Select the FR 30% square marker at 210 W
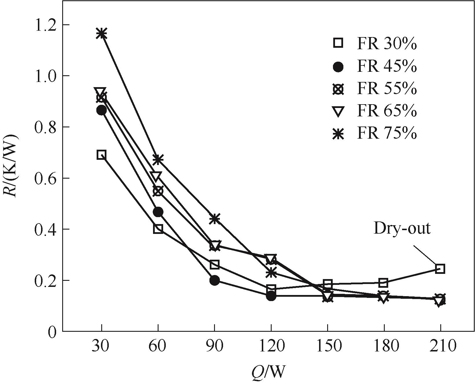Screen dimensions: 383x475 coord(440,269)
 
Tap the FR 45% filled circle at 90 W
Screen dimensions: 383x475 coord(214,280)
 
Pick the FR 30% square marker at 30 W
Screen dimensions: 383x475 coord(102,155)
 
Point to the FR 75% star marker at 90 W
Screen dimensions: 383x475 coord(214,219)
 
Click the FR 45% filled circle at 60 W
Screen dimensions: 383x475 coord(158,212)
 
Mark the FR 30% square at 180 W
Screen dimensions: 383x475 coord(384,282)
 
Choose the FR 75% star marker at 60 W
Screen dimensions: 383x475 coord(158,159)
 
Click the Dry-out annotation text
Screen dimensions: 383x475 coord(402,228)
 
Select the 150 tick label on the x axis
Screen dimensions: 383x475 coord(327,346)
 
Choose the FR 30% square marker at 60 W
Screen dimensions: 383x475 coord(158,229)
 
